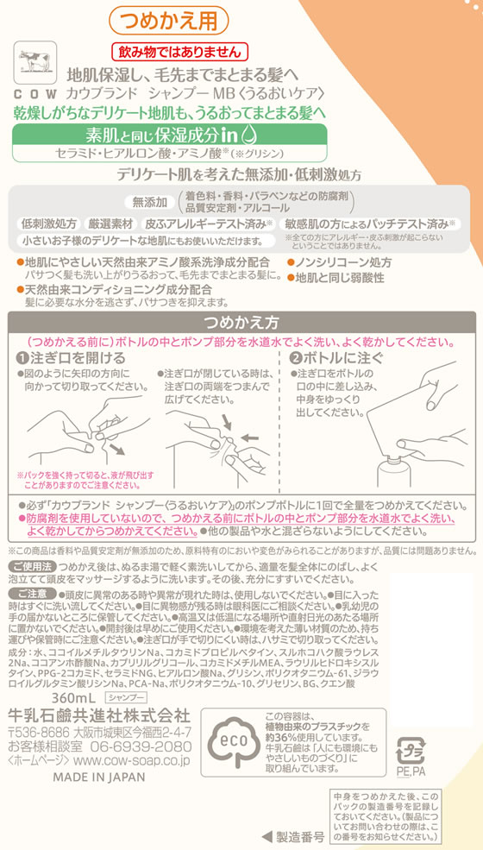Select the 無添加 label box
(151, 203)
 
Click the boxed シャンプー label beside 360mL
(125, 671)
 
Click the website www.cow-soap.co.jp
(131, 736)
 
